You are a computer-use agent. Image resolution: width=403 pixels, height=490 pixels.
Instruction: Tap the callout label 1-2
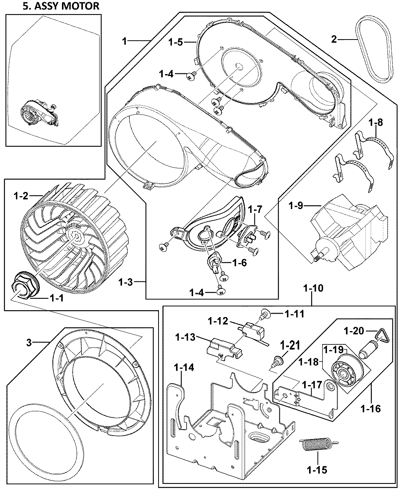[x=21, y=196]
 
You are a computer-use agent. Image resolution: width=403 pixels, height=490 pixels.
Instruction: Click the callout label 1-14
[x=184, y=368]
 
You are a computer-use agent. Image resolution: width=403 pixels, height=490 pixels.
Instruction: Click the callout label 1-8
[x=375, y=123]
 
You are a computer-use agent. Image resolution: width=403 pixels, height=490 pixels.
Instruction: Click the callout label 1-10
[x=313, y=288]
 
